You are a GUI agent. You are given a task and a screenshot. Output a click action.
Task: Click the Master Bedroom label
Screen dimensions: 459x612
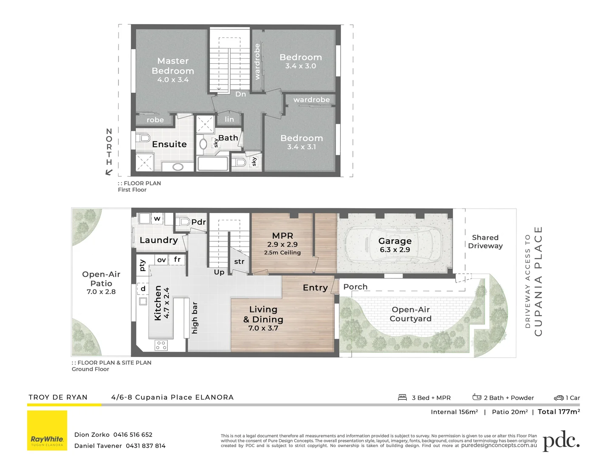point(173,66)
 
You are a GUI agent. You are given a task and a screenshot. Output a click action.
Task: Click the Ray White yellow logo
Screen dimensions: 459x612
point(47,430)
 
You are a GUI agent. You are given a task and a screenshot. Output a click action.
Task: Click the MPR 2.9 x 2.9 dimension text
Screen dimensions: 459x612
point(282,244)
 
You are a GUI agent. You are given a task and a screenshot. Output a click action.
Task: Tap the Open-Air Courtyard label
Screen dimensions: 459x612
point(411,314)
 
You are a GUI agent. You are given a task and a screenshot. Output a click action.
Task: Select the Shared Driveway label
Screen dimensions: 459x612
point(485,241)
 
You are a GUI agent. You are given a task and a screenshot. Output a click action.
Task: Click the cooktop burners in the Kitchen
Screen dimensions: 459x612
point(161,345)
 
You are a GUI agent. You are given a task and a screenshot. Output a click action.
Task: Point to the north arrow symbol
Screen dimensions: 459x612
point(109,172)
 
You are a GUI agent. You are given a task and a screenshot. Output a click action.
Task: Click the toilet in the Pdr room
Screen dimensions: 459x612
point(184,221)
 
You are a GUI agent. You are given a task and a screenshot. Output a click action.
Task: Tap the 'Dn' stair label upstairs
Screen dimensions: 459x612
point(241,94)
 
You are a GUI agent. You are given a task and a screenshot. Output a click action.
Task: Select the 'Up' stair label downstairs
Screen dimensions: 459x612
point(219,272)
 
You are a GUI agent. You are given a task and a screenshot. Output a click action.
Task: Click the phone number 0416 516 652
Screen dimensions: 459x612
point(133,434)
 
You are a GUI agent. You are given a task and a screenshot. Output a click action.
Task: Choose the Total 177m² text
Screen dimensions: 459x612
point(558,411)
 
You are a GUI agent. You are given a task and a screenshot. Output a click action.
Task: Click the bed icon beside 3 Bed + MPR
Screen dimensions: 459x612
point(402,397)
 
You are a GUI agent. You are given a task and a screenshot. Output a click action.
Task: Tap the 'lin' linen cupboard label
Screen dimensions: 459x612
point(229,119)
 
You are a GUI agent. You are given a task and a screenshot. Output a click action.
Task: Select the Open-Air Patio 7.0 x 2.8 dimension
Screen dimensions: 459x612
point(101,292)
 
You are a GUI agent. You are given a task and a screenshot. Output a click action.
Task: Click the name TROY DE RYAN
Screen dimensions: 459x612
point(58,397)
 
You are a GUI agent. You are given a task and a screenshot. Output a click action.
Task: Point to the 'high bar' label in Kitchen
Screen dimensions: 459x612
point(195,318)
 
